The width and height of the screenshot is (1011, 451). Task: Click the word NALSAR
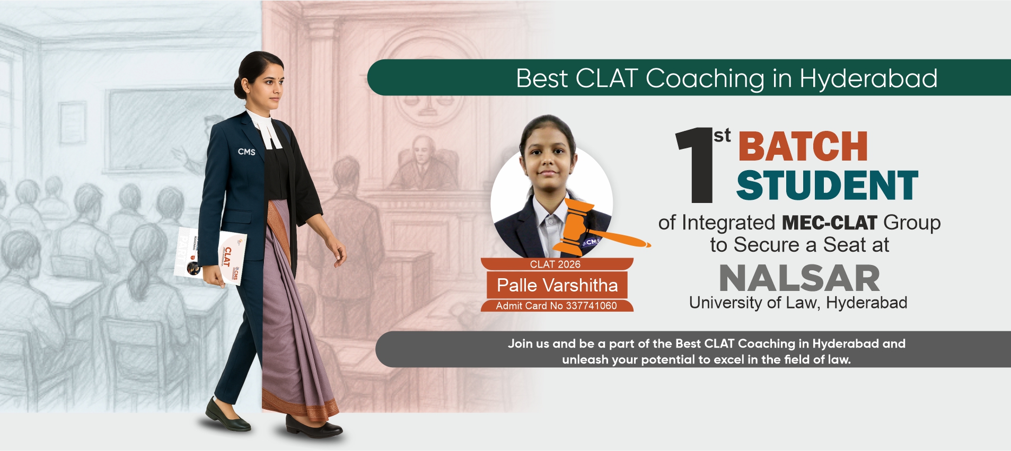799,279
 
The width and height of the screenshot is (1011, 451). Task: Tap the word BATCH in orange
803,146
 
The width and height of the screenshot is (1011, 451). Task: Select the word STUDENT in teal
827,185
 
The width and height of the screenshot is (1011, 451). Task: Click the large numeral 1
695,165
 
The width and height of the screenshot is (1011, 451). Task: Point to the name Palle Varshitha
557,285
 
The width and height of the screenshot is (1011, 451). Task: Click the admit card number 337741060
591,306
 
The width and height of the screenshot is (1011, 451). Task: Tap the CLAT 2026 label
555,264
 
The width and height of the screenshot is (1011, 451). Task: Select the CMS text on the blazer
247,152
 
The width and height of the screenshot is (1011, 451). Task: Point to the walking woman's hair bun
241,87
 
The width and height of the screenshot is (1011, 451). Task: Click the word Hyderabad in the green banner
868,79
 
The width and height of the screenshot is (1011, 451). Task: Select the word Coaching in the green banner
705,79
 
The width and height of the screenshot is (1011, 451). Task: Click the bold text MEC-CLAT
829,223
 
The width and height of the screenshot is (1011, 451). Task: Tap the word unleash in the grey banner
585,360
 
